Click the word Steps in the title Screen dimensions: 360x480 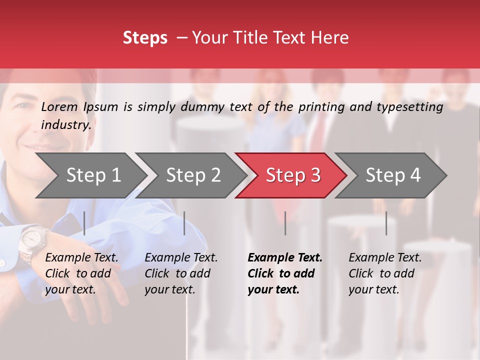click(x=145, y=38)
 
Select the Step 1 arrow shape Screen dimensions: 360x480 click(x=90, y=175)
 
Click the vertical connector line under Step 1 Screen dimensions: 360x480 click(x=84, y=223)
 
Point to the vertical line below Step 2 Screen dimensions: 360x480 click(x=184, y=223)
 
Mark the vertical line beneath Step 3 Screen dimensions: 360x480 click(x=285, y=223)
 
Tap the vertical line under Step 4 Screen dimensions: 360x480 click(x=386, y=223)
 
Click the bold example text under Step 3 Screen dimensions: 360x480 click(x=284, y=273)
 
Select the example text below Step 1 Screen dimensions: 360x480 click(x=81, y=273)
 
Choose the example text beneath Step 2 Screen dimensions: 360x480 click(x=181, y=273)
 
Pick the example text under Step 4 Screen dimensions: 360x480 click(x=385, y=273)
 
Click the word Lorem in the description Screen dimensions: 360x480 click(x=59, y=106)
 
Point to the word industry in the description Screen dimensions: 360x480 click(x=66, y=125)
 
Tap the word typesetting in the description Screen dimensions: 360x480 click(x=410, y=107)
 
